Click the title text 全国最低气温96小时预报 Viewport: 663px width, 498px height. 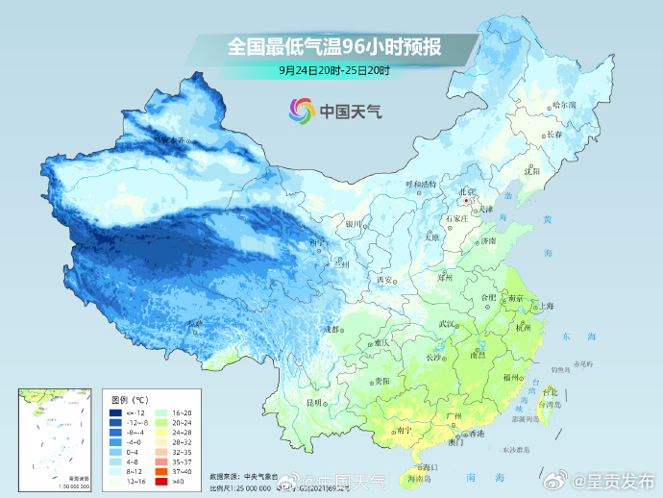click(334, 46)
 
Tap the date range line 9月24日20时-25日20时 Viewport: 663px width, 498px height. click(334, 70)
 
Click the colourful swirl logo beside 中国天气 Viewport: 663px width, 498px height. click(301, 111)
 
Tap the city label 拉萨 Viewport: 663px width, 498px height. click(196, 323)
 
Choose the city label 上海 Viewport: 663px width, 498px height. click(546, 306)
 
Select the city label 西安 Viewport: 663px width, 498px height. click(384, 280)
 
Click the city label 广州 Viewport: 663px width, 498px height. click(455, 415)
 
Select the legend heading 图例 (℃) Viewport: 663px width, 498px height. click(129, 398)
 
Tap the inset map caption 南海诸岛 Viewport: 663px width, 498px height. click(53, 478)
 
